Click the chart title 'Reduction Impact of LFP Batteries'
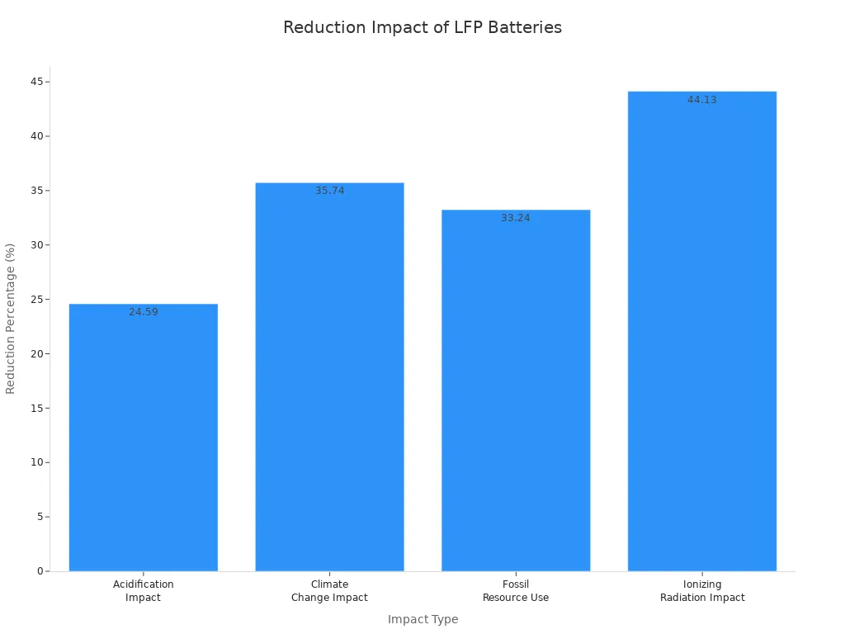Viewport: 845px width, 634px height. [x=422, y=27]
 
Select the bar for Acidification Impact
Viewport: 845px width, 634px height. [x=143, y=438]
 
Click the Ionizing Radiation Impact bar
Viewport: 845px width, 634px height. [x=702, y=331]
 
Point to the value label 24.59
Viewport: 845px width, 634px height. [x=143, y=312]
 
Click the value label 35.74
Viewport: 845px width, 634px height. [x=329, y=191]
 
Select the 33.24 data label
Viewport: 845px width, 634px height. [x=516, y=218]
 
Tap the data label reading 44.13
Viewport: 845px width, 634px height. [x=702, y=100]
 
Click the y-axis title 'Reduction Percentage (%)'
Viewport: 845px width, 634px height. [x=11, y=318]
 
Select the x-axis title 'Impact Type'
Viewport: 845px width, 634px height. [x=422, y=619]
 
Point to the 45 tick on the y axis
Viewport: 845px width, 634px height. [x=37, y=82]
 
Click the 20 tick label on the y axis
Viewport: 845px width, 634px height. [x=37, y=354]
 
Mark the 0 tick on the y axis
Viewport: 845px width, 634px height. [x=40, y=571]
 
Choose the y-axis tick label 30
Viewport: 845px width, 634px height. [x=37, y=245]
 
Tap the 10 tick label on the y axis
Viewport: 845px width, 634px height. [x=37, y=462]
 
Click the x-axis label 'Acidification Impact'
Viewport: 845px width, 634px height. [x=143, y=591]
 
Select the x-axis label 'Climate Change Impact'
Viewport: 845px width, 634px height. [x=329, y=591]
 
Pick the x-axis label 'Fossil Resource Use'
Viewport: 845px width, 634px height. [x=516, y=591]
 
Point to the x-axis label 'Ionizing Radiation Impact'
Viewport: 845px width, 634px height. [x=702, y=591]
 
